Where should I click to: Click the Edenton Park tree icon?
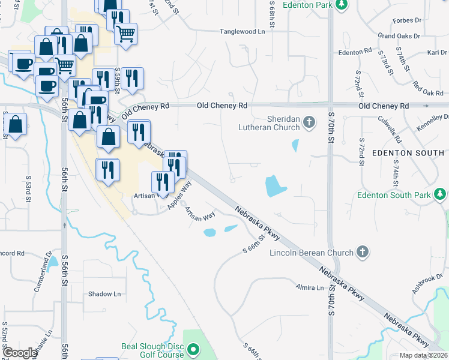tap(342, 5)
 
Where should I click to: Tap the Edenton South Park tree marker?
tap(441, 194)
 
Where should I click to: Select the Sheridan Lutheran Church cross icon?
tap(309, 123)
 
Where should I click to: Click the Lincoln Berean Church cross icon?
tap(362, 251)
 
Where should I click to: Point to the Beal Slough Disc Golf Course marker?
tap(193, 349)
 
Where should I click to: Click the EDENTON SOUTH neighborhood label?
tap(409, 153)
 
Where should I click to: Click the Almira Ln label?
tap(310, 288)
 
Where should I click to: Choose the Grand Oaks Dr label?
tap(399, 36)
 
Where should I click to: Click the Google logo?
tap(20, 353)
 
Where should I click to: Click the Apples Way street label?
tap(178, 195)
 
